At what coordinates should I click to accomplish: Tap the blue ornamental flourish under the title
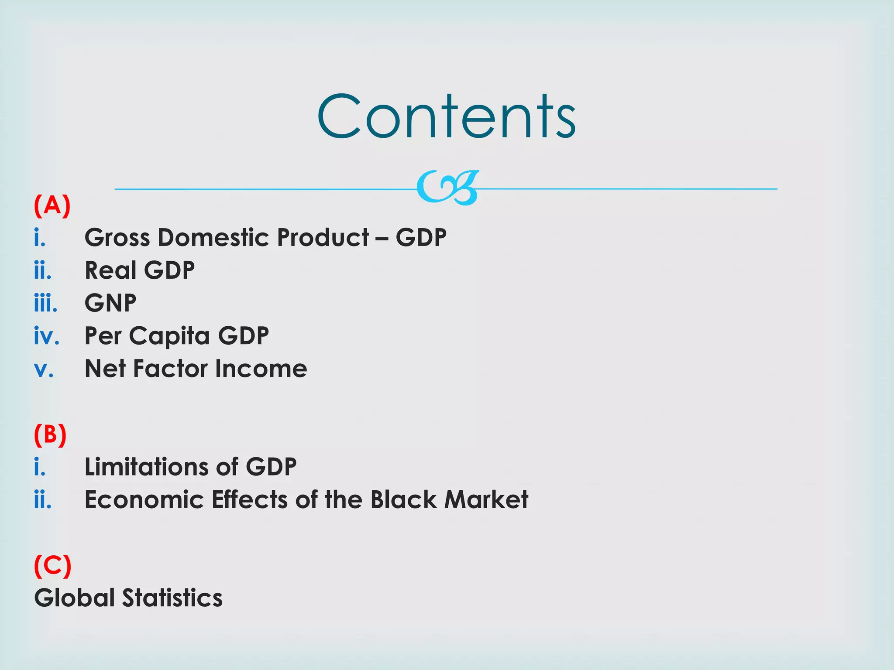pos(447,188)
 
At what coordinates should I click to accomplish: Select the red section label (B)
pos(50,434)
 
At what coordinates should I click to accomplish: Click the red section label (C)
pos(52,565)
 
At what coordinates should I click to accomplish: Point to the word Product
pos(323,238)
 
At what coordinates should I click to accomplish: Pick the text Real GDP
pos(140,270)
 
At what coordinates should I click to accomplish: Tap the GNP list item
pos(110,303)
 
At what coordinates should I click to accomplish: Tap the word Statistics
pos(172,598)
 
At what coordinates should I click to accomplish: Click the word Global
pos(74,598)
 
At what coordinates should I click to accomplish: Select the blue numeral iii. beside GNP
pos(45,303)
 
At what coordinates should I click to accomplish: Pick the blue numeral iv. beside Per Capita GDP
pos(46,336)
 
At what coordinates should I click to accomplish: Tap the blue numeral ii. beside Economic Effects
pos(43,500)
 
